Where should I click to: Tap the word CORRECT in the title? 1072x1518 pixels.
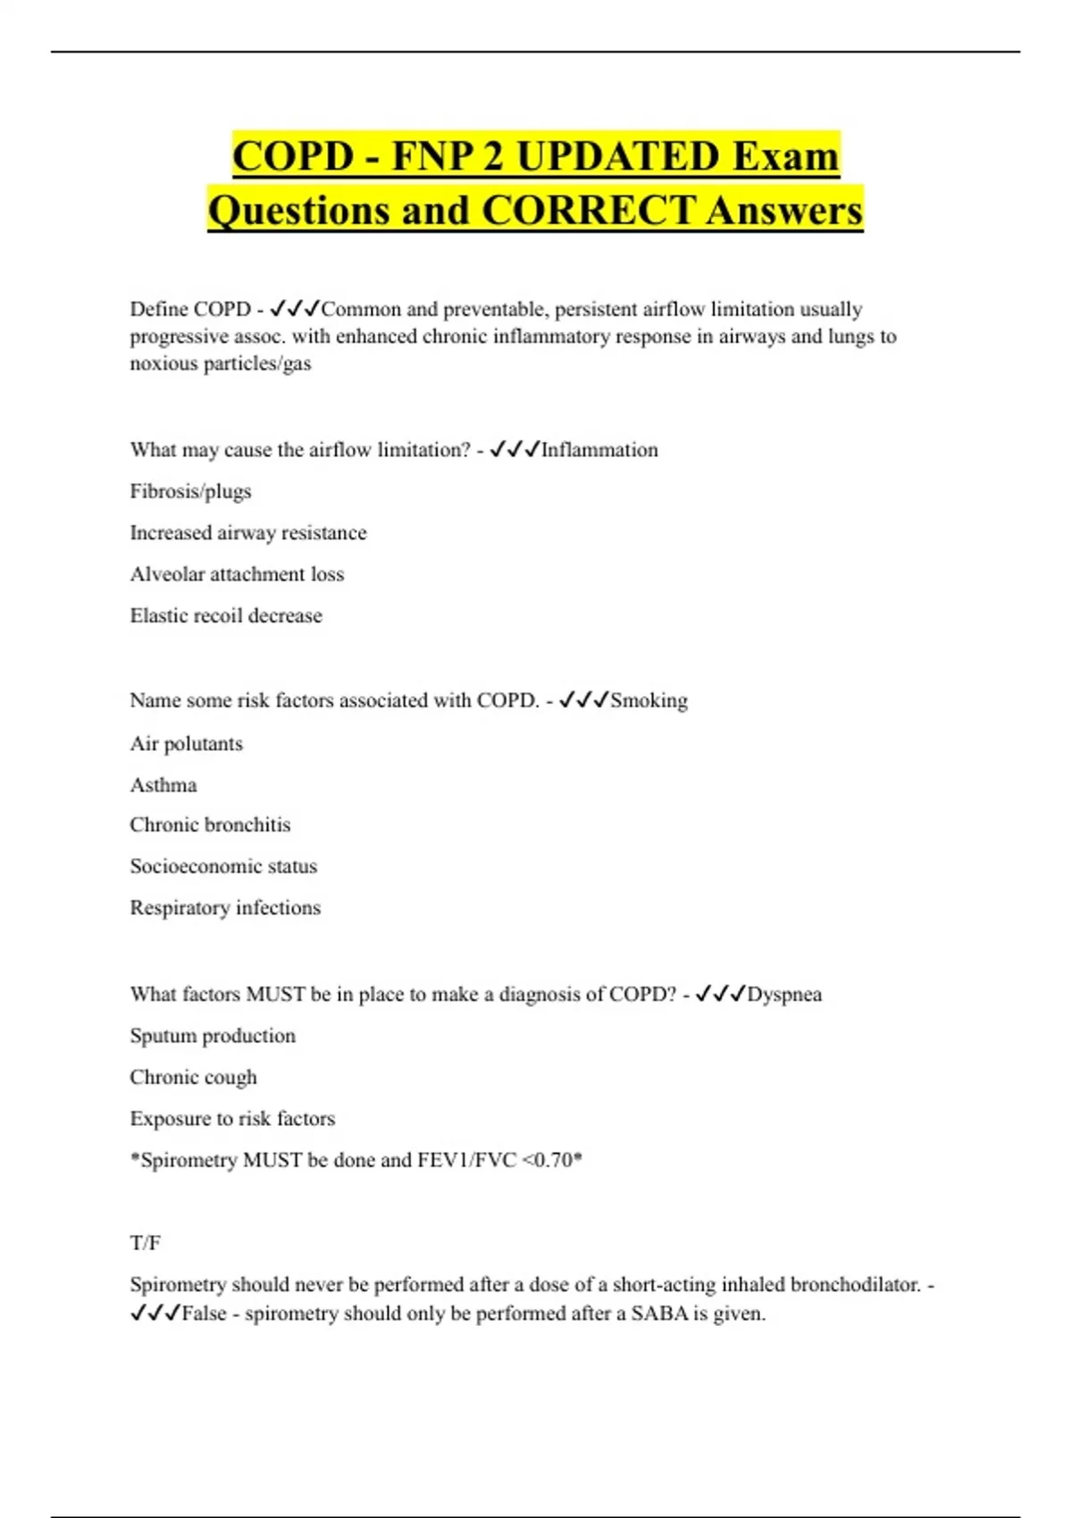coord(588,211)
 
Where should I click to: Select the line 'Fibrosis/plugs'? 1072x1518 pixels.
coord(190,491)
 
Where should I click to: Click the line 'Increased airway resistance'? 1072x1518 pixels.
coord(247,533)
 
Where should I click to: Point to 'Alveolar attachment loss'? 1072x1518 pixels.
coord(237,574)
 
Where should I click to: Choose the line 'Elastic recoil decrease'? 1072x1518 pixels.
coord(225,616)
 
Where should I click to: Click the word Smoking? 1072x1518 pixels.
coord(649,701)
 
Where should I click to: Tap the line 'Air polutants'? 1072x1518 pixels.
coord(186,744)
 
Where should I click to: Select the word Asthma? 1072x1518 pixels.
coord(163,786)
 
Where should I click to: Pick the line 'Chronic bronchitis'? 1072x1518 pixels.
coord(210,825)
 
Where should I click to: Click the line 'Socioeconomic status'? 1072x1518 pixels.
coord(223,866)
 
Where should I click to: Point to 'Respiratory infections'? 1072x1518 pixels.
coord(225,908)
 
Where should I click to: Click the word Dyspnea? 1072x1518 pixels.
coord(783,995)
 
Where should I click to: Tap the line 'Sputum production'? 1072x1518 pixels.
coord(213,1036)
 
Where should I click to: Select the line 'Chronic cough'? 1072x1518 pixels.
coord(193,1078)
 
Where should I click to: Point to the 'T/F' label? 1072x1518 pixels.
coord(145,1243)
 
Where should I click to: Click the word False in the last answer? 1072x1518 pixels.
coord(204,1314)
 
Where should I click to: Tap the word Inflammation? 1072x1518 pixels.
coord(599,450)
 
